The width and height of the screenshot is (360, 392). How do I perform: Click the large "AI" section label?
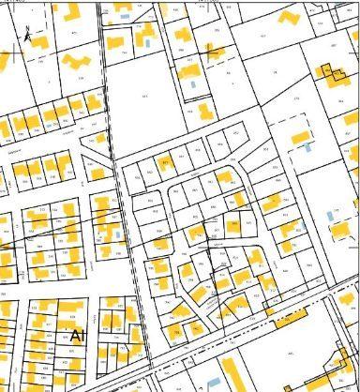[78, 335]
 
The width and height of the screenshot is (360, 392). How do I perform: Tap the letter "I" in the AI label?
[83, 335]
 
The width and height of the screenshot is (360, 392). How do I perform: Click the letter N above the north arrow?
[27, 25]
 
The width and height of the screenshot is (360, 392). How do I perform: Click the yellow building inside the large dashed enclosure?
[301, 136]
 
